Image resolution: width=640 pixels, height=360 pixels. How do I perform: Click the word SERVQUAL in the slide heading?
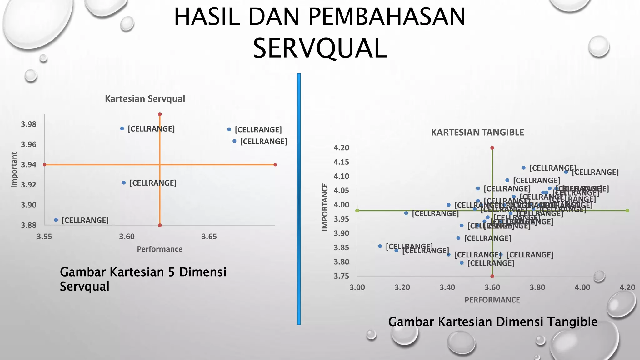click(320, 48)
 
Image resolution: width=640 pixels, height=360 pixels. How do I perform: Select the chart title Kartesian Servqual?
click(145, 99)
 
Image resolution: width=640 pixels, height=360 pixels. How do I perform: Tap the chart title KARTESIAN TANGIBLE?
click(477, 132)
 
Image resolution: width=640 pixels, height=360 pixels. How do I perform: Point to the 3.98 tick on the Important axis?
click(29, 124)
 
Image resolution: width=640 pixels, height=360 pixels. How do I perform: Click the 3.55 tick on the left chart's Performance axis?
click(44, 237)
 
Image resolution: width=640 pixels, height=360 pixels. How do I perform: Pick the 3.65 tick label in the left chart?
click(209, 237)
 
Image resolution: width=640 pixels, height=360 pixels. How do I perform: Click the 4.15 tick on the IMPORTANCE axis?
click(341, 162)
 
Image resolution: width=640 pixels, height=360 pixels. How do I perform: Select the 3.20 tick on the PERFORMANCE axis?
click(402, 287)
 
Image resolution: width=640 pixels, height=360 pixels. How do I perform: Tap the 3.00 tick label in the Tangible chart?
click(357, 287)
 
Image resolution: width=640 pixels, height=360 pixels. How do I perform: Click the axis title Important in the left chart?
click(14, 170)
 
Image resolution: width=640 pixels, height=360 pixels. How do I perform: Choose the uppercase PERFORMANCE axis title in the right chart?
click(492, 300)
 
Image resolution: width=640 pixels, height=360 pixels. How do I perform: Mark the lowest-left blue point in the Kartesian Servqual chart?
click(56, 220)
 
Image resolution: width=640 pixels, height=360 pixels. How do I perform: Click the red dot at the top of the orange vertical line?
click(160, 114)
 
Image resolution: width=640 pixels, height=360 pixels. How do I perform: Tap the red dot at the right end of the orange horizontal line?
click(275, 165)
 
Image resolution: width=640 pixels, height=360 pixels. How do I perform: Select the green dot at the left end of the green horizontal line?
click(357, 211)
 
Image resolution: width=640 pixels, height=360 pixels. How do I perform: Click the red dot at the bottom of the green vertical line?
click(492, 276)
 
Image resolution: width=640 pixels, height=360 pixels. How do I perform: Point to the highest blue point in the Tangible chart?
click(524, 168)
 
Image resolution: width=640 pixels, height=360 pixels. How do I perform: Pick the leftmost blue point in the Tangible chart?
click(380, 246)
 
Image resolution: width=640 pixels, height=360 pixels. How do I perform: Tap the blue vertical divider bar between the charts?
click(299, 199)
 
